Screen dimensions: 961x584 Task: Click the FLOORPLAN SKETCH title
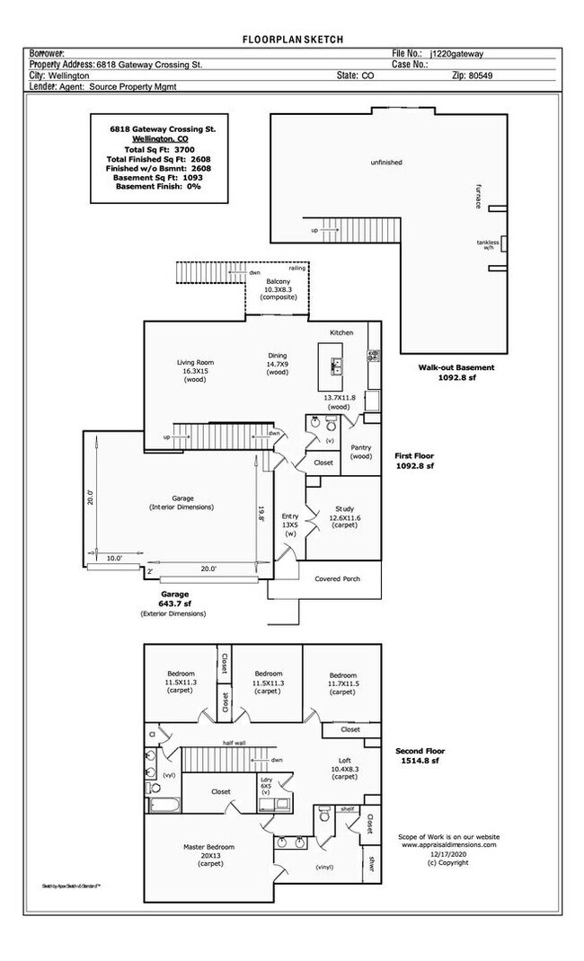293,40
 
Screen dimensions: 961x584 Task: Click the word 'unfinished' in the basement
386,163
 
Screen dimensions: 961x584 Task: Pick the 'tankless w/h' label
488,244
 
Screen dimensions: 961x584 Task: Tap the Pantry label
361,451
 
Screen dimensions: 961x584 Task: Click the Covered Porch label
337,579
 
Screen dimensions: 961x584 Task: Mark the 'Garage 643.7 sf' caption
174,599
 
